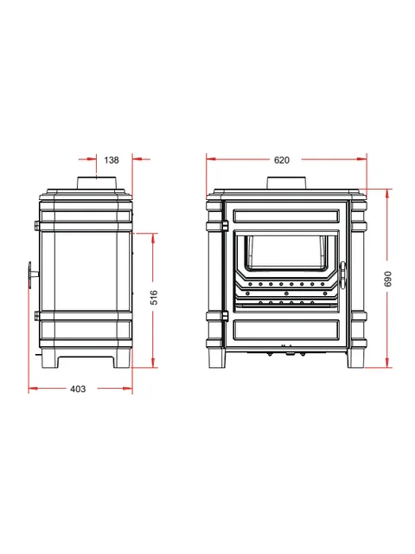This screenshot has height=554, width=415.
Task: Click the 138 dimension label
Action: (x=112, y=160)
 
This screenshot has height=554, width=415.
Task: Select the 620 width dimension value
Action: (x=282, y=160)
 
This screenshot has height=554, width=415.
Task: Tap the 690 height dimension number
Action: (x=387, y=279)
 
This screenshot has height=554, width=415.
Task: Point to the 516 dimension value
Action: (x=154, y=298)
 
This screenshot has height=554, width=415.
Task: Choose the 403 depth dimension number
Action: (x=78, y=389)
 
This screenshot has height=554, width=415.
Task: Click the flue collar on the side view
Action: (x=97, y=183)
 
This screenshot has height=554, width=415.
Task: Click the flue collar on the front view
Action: (x=286, y=183)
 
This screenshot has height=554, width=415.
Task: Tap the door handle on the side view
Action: (x=32, y=275)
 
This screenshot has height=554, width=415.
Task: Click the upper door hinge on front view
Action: (x=225, y=226)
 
